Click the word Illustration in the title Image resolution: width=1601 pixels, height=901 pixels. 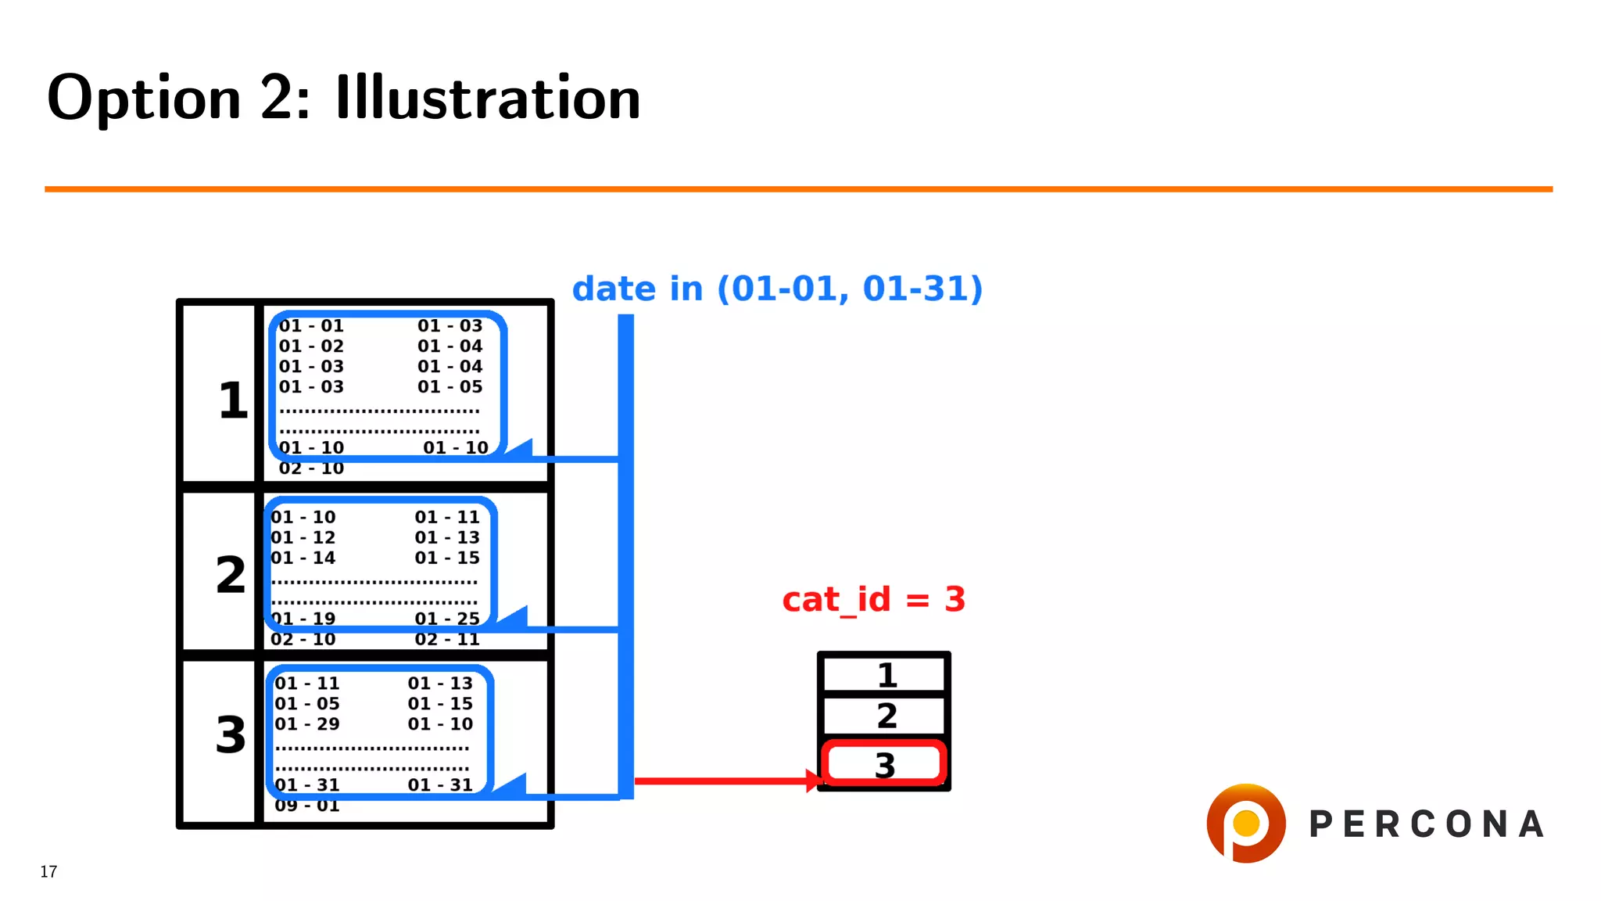pos(488,99)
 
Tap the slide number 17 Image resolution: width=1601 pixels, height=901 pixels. pos(48,871)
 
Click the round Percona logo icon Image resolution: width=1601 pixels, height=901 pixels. pos(1245,824)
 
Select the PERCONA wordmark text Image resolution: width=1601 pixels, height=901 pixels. pos(1427,824)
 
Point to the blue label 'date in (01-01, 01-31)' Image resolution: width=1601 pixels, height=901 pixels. pos(777,289)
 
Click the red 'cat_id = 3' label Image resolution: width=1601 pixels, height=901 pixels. pos(874,600)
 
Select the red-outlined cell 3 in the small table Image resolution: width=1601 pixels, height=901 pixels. pos(884,764)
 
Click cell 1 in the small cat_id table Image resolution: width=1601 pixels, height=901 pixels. pos(886,675)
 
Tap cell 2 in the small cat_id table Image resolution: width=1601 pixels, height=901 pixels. pos(886,716)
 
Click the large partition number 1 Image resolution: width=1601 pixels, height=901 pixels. pos(232,400)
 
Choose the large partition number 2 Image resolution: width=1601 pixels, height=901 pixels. pos(231,575)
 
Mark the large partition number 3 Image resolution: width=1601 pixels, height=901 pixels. pos(231,735)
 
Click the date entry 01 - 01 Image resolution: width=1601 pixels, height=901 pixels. pos(311,326)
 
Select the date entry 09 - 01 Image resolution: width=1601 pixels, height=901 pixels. pos(307,806)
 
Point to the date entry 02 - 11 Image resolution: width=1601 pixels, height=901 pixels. pos(447,639)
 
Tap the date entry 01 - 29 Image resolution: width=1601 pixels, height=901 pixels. pos(307,724)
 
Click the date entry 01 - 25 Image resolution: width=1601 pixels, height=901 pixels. pos(447,619)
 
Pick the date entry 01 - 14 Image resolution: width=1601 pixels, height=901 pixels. pos(303,558)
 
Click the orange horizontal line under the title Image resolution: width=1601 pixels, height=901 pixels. pos(797,189)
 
